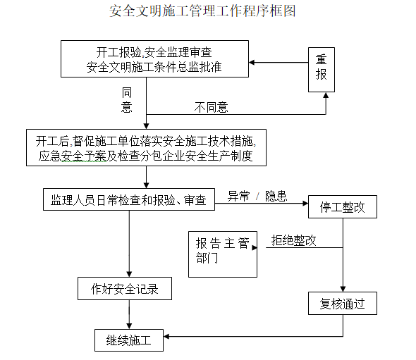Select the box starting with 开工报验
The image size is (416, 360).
[154, 59]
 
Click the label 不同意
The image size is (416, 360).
[212, 107]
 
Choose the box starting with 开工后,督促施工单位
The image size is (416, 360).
[145, 148]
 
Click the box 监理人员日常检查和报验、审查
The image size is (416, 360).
[128, 199]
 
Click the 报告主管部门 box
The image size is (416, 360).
[222, 252]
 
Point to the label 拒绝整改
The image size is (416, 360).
[294, 240]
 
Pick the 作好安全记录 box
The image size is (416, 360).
[124, 287]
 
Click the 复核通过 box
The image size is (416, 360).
[343, 304]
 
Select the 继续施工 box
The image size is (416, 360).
[128, 340]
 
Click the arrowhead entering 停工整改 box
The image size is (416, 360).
[304, 204]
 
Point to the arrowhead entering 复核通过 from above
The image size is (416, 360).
[343, 289]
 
